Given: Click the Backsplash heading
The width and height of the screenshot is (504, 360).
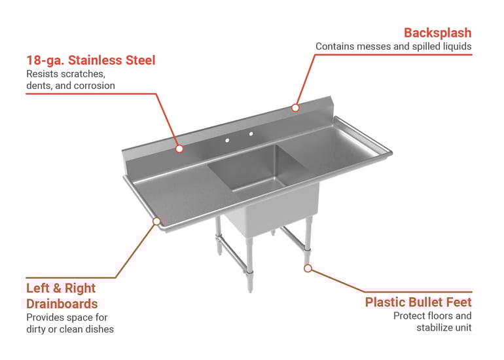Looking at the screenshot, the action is click(x=437, y=33).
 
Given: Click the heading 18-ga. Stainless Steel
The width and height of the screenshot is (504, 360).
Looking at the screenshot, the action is click(x=90, y=60).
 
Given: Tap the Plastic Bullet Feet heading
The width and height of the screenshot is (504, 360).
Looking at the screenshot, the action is click(x=418, y=302).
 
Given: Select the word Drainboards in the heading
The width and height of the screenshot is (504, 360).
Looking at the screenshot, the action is click(x=62, y=304).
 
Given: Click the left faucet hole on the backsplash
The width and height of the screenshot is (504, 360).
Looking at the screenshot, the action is click(x=227, y=141).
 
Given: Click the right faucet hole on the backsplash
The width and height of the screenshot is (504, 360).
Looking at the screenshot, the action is click(x=251, y=134).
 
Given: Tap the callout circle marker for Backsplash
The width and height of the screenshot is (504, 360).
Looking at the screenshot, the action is click(x=295, y=108).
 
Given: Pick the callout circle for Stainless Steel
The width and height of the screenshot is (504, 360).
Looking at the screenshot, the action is click(x=179, y=149).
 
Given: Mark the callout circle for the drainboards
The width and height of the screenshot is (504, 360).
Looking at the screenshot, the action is click(x=156, y=221).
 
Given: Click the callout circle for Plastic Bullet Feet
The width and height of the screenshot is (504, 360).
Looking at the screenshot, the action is click(x=308, y=268).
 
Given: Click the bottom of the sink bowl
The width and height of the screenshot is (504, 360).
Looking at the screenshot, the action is click(x=257, y=184).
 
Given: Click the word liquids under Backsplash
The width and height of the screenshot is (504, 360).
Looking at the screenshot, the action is click(x=458, y=46).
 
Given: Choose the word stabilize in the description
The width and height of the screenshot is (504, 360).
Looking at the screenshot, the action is click(x=432, y=328).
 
